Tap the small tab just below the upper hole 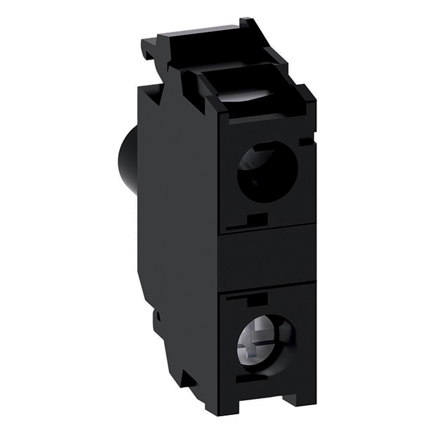coord(258,219)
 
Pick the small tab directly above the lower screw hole coord(258,298)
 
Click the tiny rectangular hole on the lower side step coord(158,316)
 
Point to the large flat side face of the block coord(177,217)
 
